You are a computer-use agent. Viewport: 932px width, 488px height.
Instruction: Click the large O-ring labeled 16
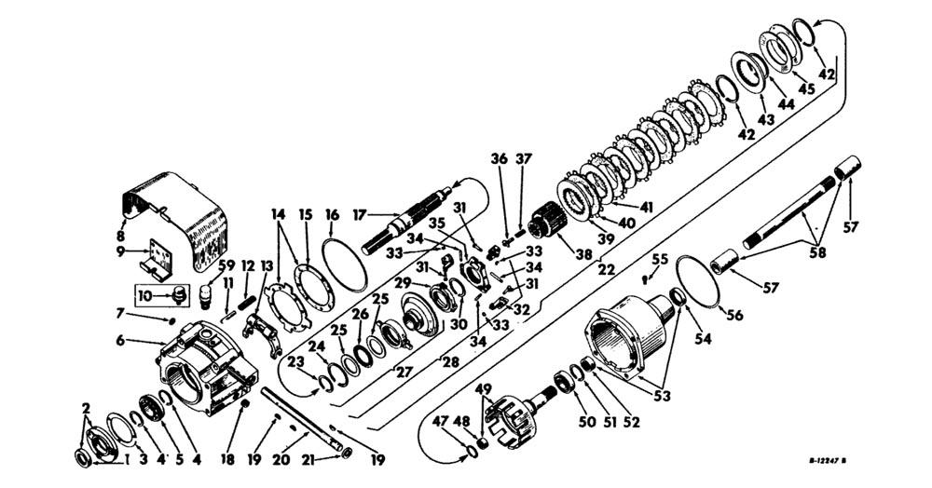(x=344, y=262)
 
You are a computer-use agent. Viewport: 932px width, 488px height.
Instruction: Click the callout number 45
(x=806, y=88)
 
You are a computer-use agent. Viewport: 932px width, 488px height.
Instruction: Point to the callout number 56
(x=733, y=316)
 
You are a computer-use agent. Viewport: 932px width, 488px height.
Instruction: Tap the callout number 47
(x=441, y=422)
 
